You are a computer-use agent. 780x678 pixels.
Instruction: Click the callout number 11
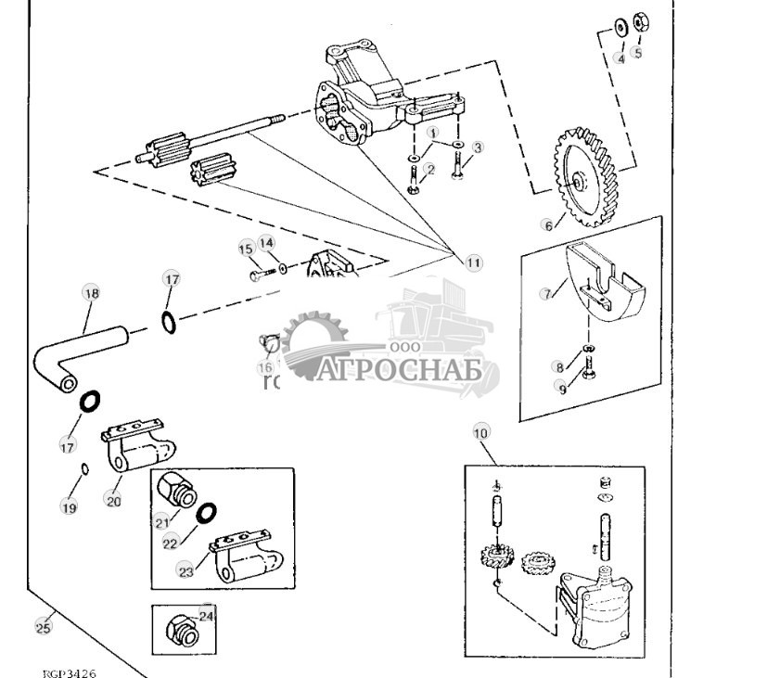pyautogui.click(x=474, y=262)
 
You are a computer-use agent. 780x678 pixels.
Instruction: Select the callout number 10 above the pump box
pyautogui.click(x=480, y=432)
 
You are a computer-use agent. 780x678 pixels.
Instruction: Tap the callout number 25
pyautogui.click(x=43, y=627)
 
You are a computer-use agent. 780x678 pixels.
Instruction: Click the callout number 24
pyautogui.click(x=206, y=614)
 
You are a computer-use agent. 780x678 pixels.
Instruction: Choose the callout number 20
pyautogui.click(x=113, y=501)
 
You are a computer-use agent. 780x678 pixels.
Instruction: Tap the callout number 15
pyautogui.click(x=246, y=249)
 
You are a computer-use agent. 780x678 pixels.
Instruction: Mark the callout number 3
pyautogui.click(x=478, y=147)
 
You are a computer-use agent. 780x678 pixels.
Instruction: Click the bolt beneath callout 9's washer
pyautogui.click(x=586, y=375)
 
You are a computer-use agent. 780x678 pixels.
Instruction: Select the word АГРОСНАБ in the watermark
pyautogui.click(x=401, y=371)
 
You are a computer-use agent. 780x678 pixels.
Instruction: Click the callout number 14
pyautogui.click(x=267, y=243)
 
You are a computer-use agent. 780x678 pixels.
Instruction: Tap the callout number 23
pyautogui.click(x=186, y=571)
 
